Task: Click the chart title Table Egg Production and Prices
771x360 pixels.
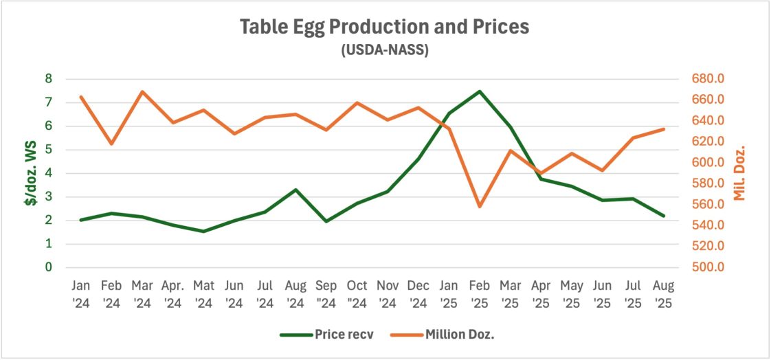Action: click(385, 27)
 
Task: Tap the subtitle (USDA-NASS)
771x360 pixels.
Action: click(385, 51)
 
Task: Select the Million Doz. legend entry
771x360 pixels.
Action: click(440, 335)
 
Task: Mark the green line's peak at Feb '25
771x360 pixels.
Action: click(480, 91)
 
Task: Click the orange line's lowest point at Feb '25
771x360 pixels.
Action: click(480, 207)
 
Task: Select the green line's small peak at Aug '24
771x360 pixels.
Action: click(295, 190)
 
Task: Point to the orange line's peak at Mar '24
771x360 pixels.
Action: click(142, 91)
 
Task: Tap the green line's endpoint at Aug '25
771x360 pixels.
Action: click(663, 216)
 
